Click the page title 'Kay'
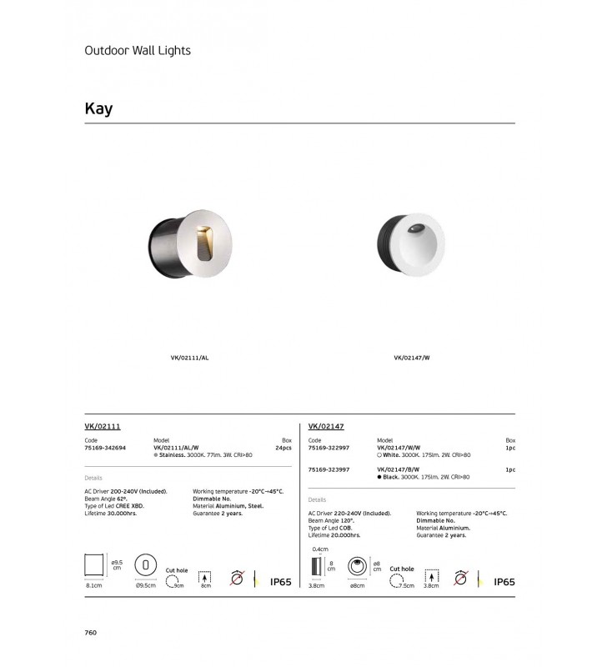tap(98, 109)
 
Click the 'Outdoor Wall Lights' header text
tap(138, 50)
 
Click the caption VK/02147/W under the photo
tap(411, 358)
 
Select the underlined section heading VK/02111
tap(103, 426)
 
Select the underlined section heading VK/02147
tap(326, 426)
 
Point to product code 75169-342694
tap(105, 448)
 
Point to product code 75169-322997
tap(329, 448)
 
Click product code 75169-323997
tap(329, 470)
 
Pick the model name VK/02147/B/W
tap(399, 470)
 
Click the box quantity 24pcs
tap(283, 448)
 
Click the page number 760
tap(91, 633)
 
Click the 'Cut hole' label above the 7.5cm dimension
tap(401, 569)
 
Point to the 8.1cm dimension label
tap(93, 586)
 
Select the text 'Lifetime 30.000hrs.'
tap(111, 514)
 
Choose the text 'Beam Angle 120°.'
tap(332, 520)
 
